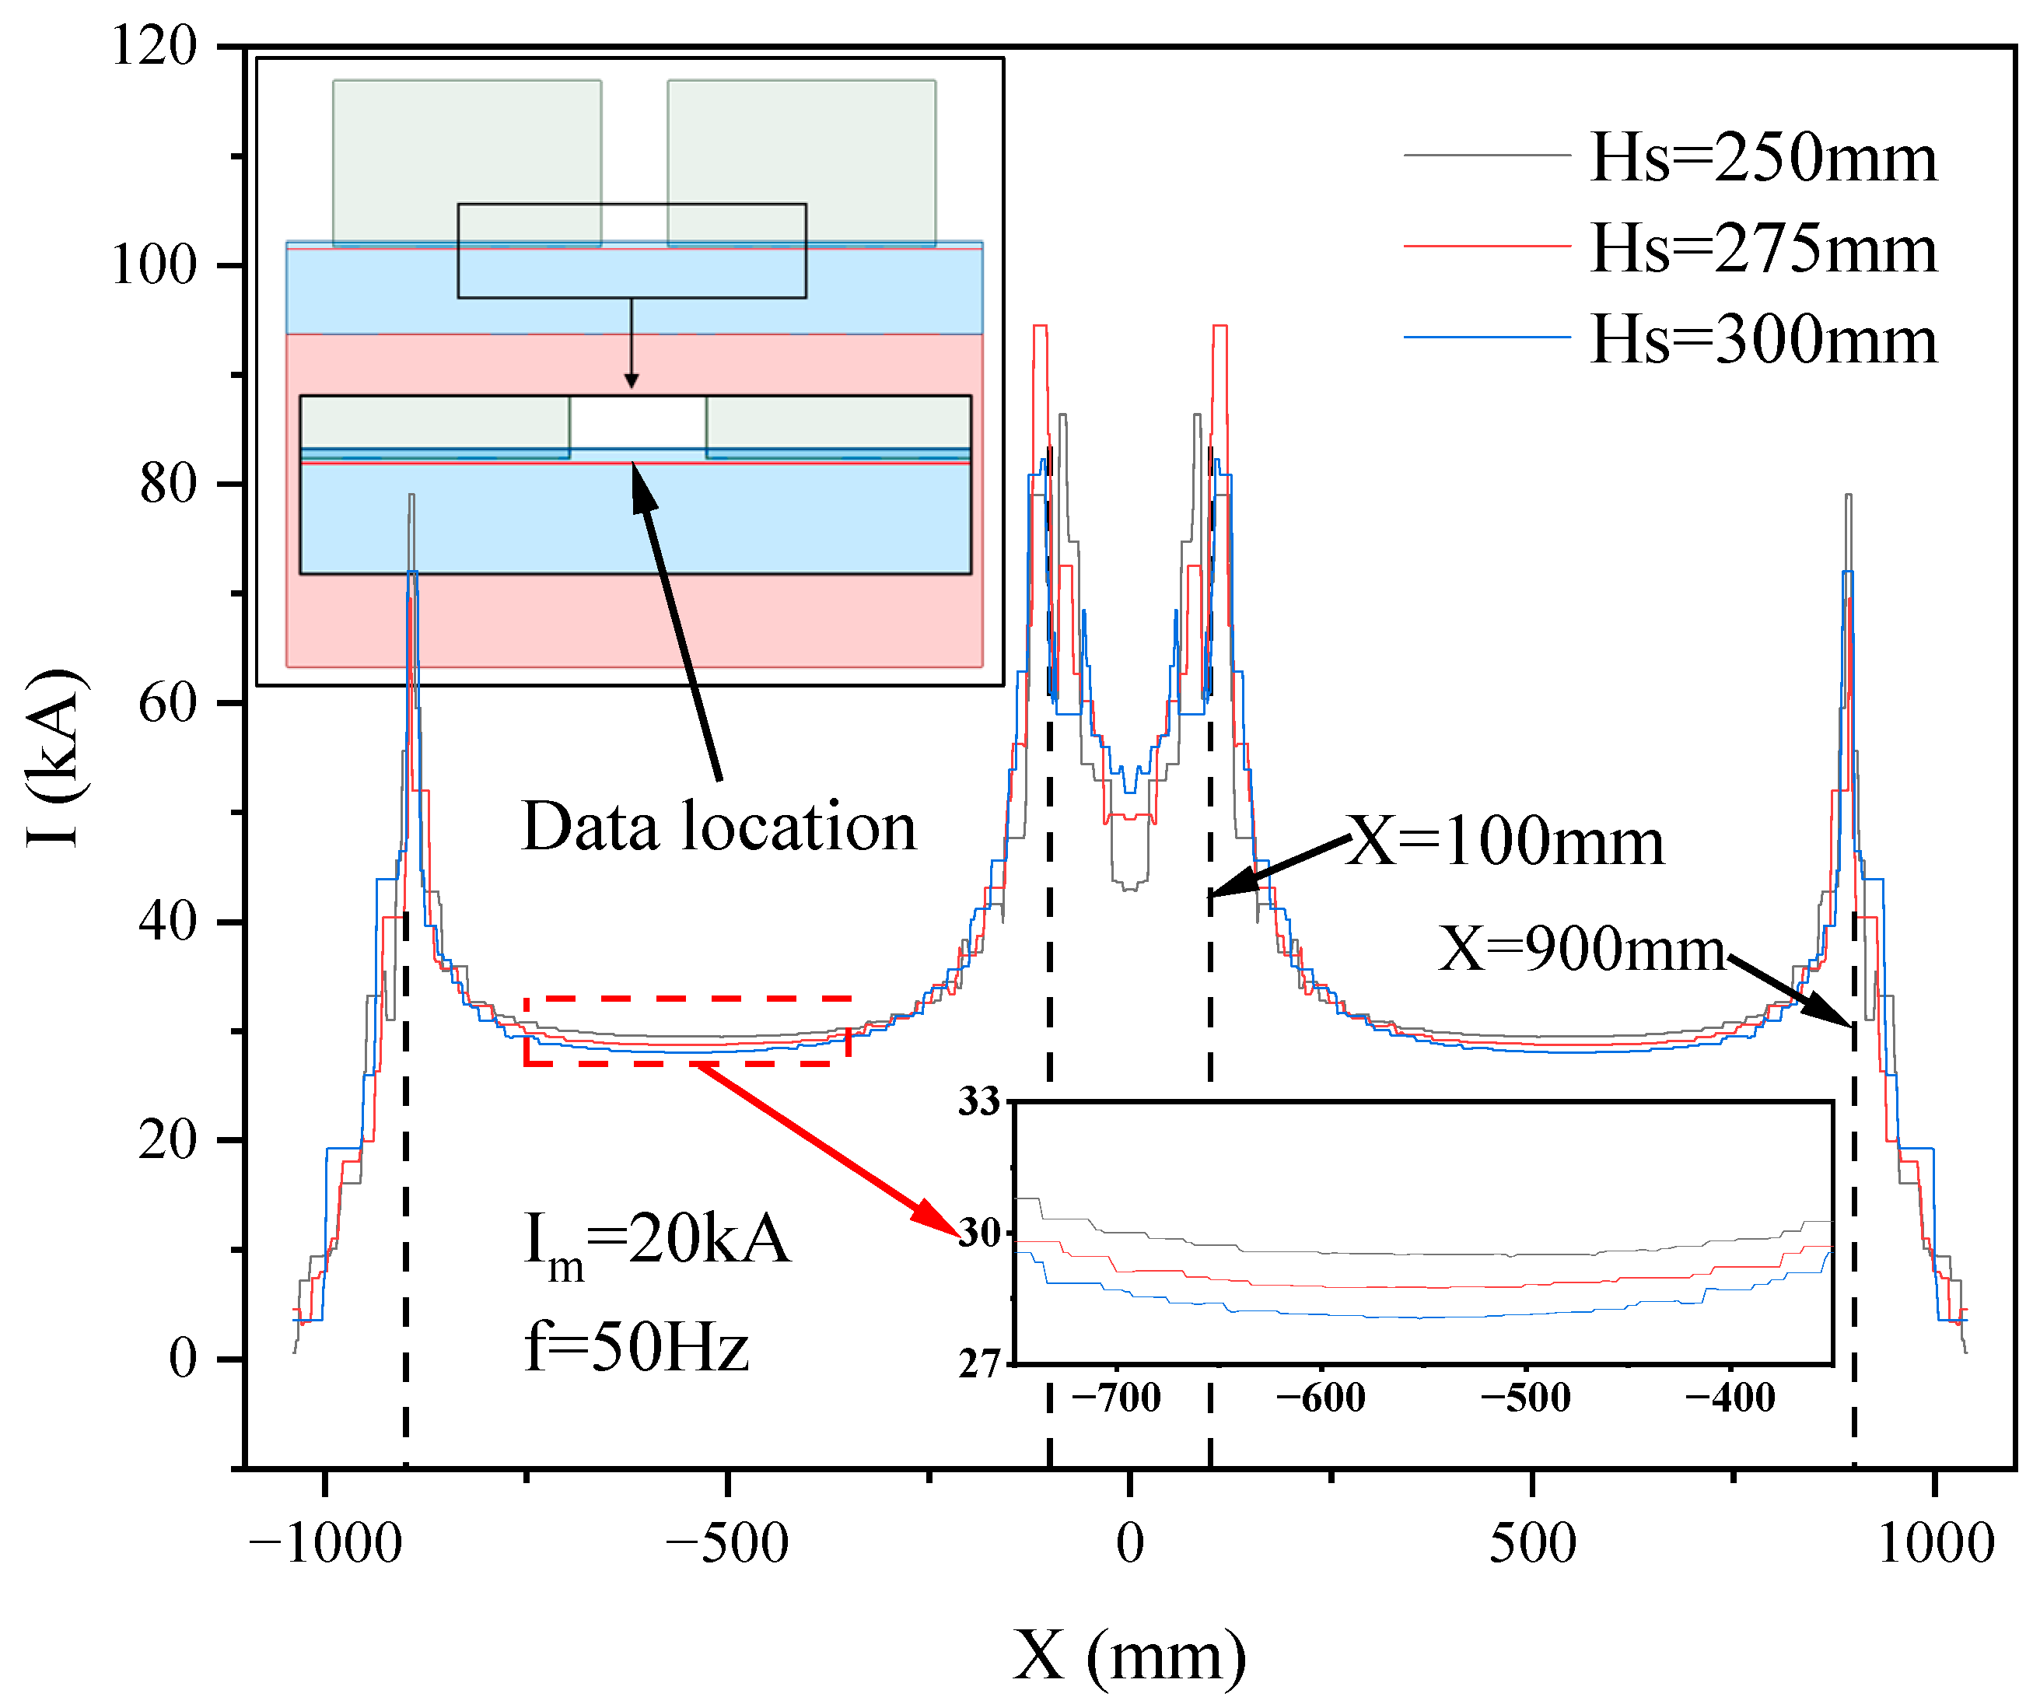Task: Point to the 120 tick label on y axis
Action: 153,46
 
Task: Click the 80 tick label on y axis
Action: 167,484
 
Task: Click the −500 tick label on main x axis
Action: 726,1544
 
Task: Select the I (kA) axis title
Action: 54,758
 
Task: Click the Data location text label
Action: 719,827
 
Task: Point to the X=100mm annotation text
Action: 1506,842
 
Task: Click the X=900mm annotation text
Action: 1581,948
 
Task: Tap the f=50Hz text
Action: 636,1348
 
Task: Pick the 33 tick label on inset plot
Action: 979,1102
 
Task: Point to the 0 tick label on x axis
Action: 1130,1544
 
